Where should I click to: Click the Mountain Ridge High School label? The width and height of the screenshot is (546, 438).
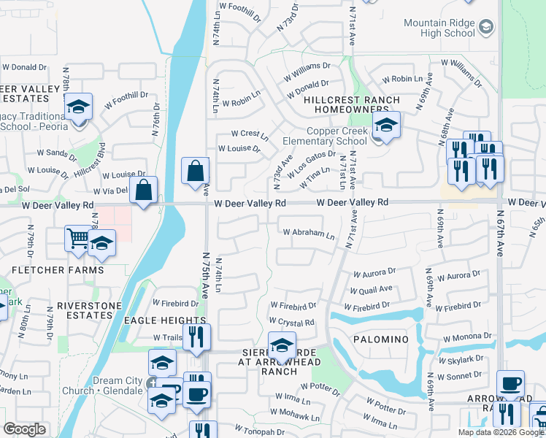[439, 28]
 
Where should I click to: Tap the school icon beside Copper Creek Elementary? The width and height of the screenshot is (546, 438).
[386, 125]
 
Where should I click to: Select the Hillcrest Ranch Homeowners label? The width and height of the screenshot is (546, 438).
[352, 104]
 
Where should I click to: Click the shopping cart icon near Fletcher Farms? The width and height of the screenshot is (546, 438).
[77, 238]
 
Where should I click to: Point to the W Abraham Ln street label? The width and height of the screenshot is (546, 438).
[309, 234]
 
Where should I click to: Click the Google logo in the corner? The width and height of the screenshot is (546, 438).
[24, 429]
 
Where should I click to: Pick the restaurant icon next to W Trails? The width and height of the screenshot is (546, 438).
[196, 337]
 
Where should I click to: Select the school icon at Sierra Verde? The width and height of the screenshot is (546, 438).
[281, 345]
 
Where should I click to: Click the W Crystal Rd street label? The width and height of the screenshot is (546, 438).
[291, 322]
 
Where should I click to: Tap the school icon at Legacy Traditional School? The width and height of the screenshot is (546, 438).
[78, 107]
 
